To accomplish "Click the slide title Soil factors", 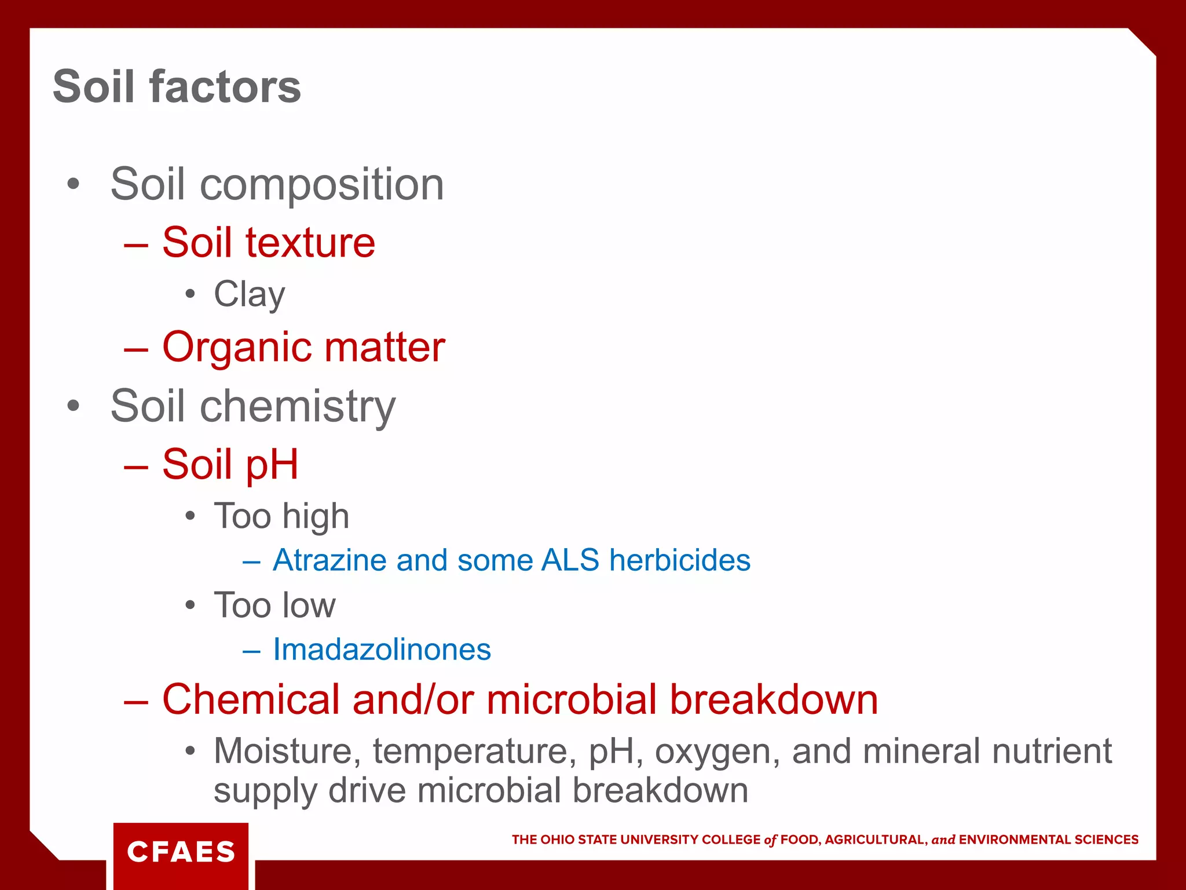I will tap(177, 87).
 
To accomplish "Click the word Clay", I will tap(249, 294).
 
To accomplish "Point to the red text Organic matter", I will tap(303, 347).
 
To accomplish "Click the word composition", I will tap(321, 184).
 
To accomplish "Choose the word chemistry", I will tap(298, 406).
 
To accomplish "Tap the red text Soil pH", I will tap(230, 464).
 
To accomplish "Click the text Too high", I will tap(281, 516).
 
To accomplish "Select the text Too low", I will tap(274, 605).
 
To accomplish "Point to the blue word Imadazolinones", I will tap(382, 650).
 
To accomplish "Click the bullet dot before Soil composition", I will tap(73, 184).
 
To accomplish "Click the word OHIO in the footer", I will tap(558, 840).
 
